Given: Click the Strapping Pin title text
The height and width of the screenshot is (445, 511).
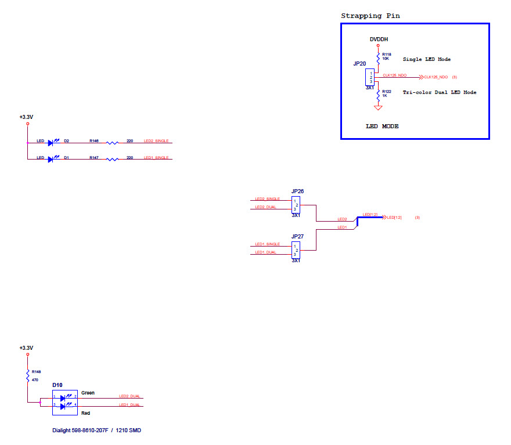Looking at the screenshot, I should click(370, 16).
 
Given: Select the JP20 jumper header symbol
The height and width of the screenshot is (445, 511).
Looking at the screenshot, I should click(370, 77).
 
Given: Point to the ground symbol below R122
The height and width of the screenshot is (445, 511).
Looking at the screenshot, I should click(378, 107).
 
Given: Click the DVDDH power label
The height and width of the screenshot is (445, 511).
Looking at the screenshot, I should click(379, 39).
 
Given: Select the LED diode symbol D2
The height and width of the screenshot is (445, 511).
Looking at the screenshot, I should click(51, 142).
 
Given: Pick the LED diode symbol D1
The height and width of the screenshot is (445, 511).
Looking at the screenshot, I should click(51, 158).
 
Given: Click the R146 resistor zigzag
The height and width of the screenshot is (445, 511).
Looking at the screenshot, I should click(112, 142).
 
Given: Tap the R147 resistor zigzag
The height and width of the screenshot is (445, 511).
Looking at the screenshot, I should click(112, 159).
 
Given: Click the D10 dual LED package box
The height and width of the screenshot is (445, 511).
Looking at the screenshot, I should click(64, 401).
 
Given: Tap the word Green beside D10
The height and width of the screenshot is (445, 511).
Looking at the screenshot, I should click(88, 393).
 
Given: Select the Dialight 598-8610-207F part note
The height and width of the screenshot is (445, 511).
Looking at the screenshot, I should click(96, 430).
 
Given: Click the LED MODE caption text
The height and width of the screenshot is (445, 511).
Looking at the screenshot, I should click(382, 126).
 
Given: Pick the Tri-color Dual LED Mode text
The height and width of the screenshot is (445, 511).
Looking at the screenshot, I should click(439, 93).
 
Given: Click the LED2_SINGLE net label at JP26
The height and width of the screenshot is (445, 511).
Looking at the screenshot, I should click(267, 199).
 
